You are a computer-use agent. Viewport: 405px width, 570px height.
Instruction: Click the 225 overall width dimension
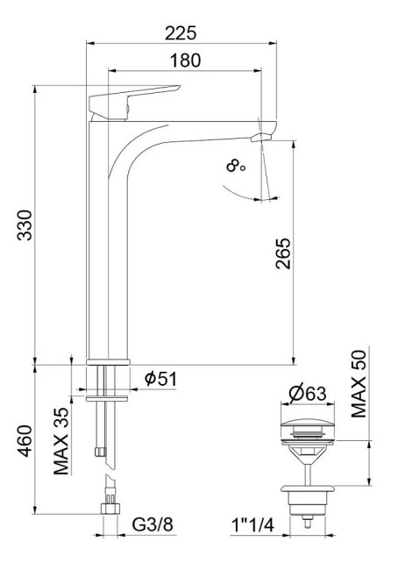point(181,32)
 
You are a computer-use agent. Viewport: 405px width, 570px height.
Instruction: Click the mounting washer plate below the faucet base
point(109,396)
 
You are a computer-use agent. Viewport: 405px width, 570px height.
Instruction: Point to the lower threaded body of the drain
point(307,500)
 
